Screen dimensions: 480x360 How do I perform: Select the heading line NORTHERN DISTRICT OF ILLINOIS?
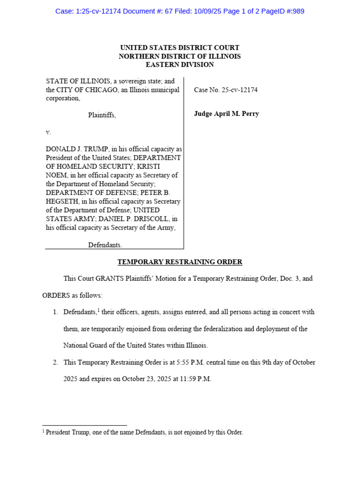180,56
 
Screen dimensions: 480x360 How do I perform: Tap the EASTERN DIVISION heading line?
180,65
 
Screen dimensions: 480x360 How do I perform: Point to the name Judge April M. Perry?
226,114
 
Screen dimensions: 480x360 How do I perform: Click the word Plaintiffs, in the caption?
102,115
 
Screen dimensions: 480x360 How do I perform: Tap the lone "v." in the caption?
48,132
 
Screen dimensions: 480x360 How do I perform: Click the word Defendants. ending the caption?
105,245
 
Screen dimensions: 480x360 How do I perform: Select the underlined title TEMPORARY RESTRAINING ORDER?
180,262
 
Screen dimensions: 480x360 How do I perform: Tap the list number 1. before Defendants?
55,312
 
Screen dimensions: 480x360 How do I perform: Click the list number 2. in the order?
55,362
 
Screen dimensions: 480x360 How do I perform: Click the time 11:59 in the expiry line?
188,379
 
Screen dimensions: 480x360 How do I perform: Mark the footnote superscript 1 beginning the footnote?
44,431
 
